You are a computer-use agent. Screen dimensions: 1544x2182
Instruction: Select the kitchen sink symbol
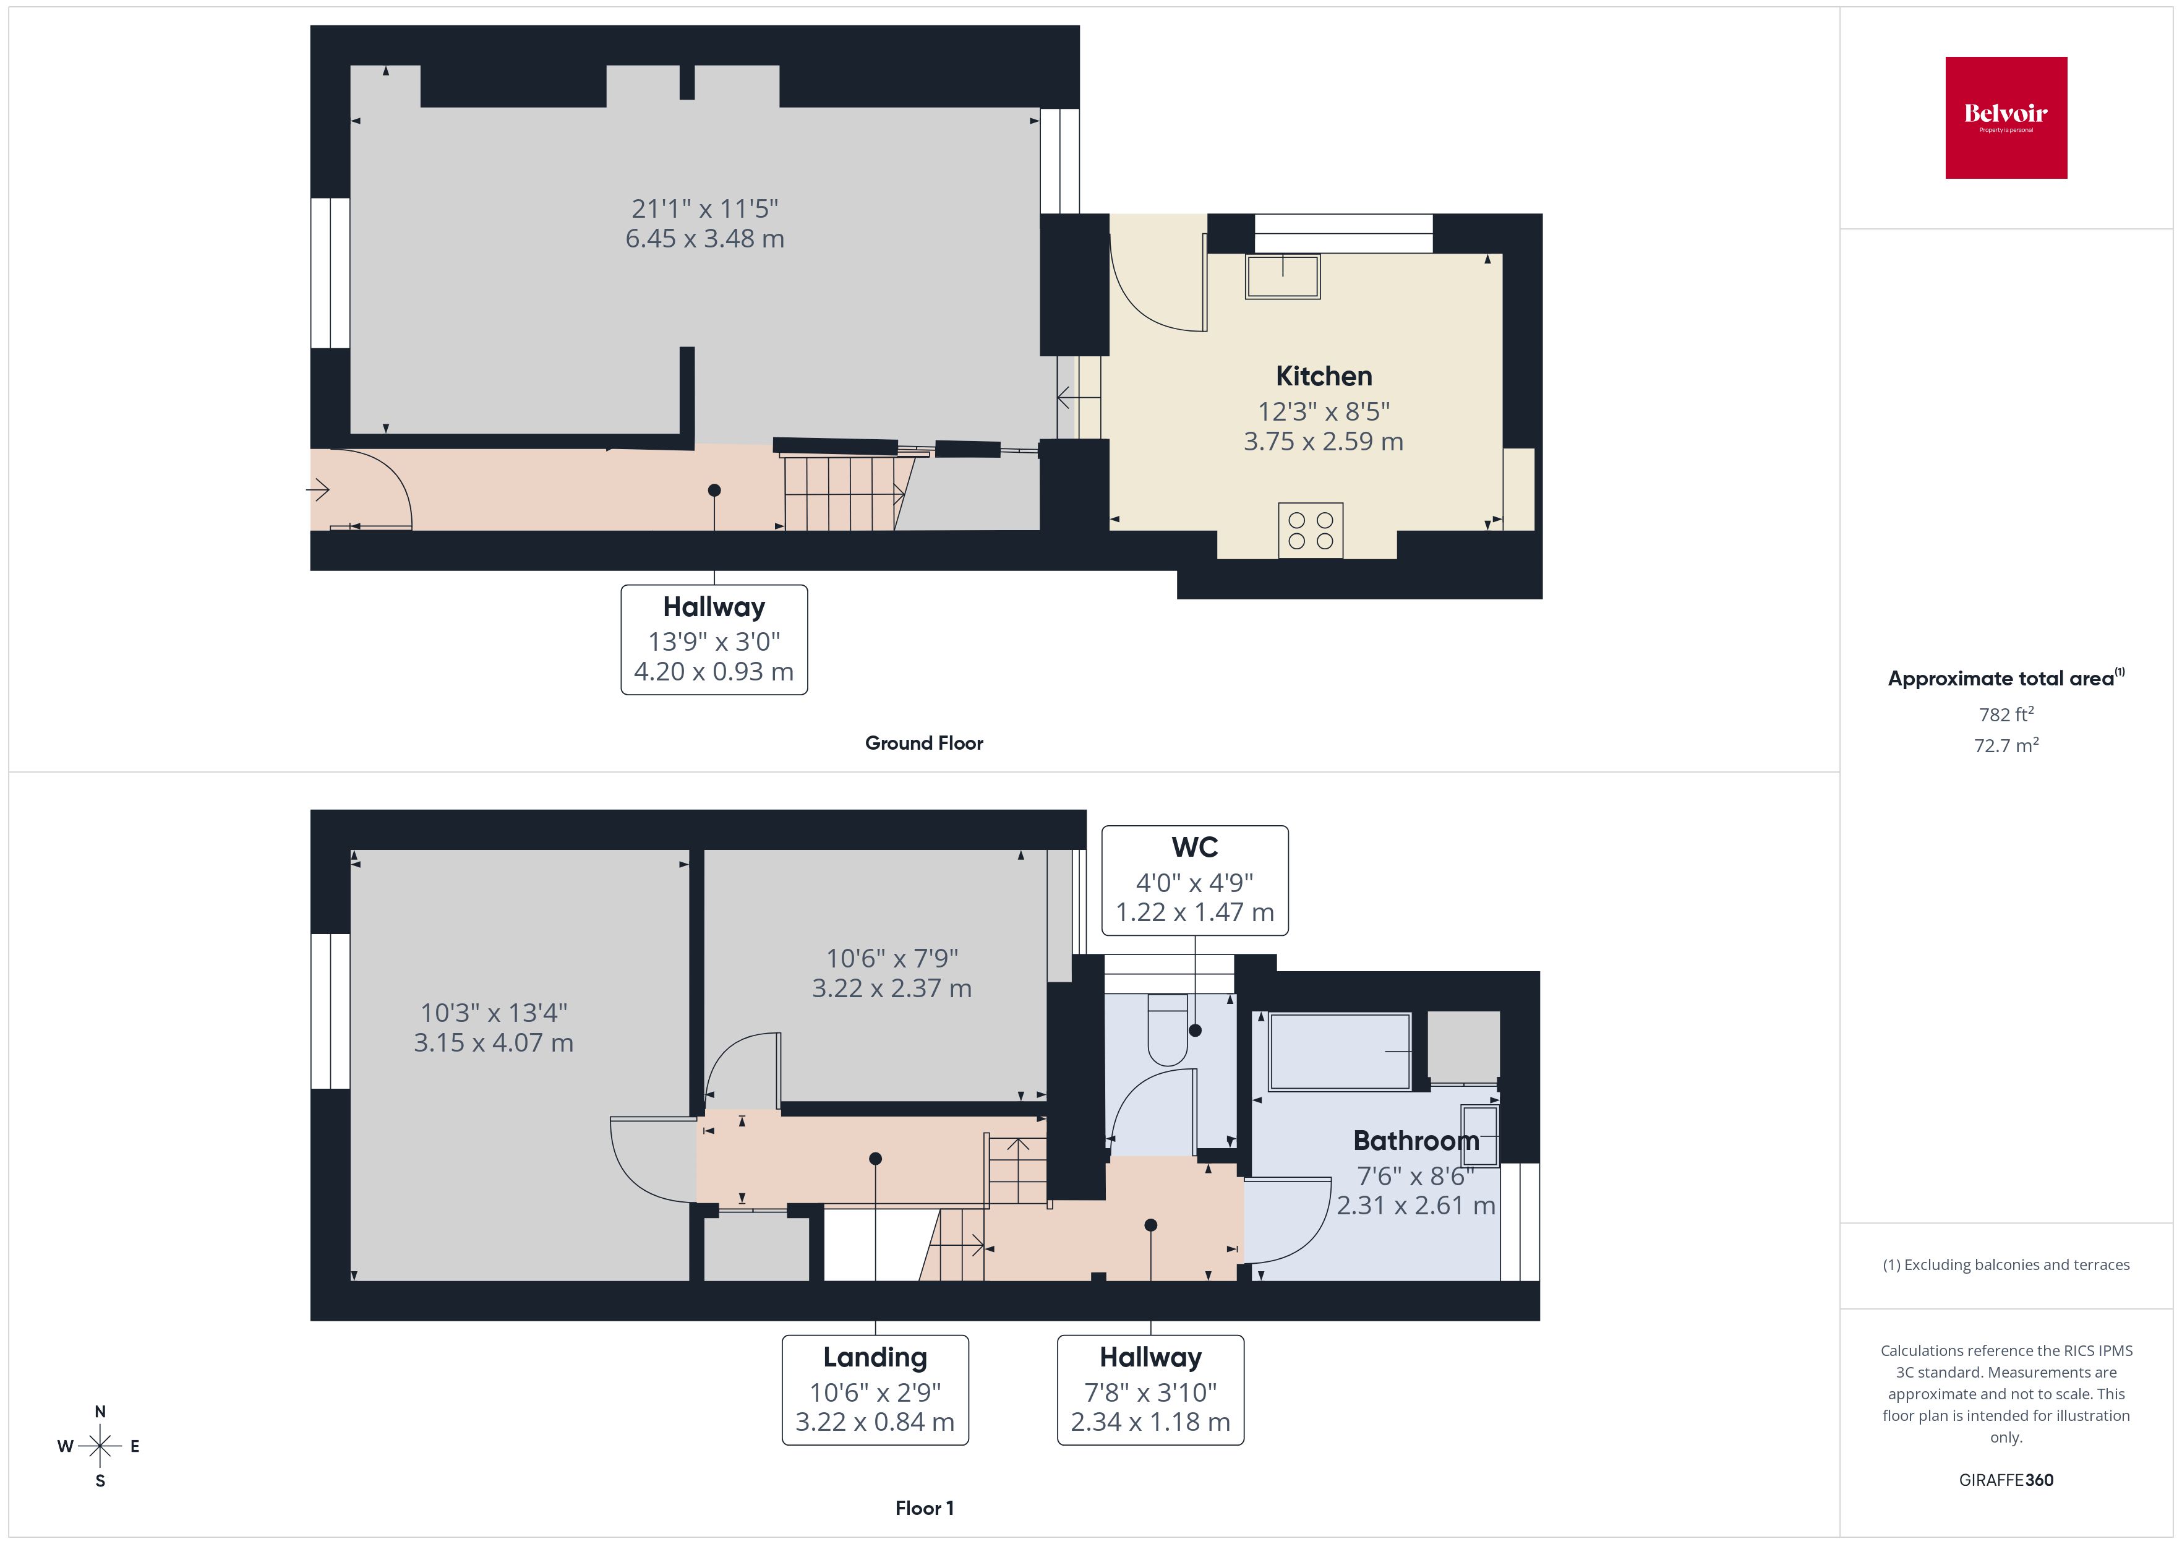(x=1282, y=276)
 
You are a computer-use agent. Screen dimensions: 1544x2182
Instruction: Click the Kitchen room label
(x=1323, y=377)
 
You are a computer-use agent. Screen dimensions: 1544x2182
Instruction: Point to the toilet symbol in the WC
(x=1168, y=1030)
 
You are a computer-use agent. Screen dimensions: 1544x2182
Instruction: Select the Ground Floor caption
(x=924, y=744)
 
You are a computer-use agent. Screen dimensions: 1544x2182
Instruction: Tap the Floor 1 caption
(x=924, y=1508)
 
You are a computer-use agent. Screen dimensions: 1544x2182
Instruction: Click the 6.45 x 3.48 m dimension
(x=704, y=239)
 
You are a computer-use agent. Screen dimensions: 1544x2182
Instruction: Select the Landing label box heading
(x=875, y=1358)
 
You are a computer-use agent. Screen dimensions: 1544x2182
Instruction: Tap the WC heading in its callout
(x=1194, y=847)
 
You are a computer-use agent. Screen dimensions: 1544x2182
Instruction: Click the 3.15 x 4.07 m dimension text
(x=493, y=1043)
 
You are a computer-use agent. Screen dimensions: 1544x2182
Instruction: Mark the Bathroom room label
(x=1415, y=1141)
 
